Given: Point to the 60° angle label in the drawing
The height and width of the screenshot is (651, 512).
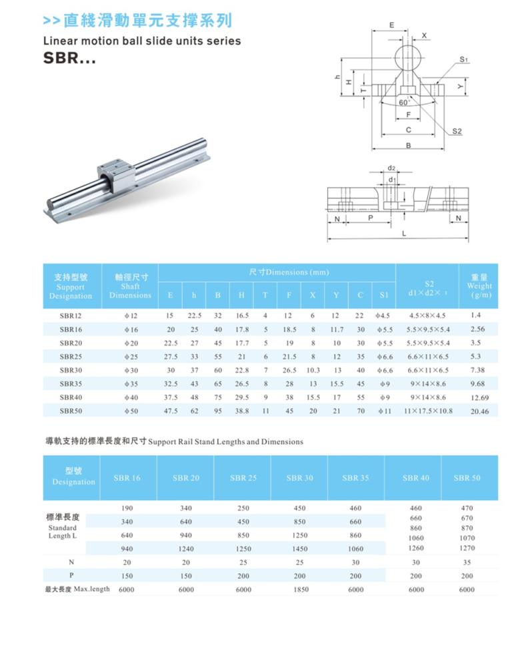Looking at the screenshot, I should point(404,103).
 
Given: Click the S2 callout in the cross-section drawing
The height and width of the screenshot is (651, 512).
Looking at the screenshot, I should point(457,131).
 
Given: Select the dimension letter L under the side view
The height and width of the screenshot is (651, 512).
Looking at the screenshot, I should point(404,234).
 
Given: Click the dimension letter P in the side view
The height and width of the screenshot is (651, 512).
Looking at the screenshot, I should point(370,218).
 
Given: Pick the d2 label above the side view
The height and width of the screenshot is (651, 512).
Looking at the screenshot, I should point(392,168).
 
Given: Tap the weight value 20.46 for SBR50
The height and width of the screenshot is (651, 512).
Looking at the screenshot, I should point(479,411).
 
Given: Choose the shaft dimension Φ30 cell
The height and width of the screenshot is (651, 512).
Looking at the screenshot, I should point(131,370).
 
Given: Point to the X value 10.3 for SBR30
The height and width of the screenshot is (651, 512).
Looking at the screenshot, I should point(313,370).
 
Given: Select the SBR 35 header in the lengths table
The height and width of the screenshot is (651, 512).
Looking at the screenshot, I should point(355,478).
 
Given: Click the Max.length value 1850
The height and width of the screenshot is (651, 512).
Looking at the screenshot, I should point(299,589).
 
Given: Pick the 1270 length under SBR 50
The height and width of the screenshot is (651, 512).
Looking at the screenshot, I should point(467,548).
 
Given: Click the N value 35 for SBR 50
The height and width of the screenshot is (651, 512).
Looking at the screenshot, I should point(467,562).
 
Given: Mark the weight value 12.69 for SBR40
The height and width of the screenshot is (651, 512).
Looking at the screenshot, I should point(479,398).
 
